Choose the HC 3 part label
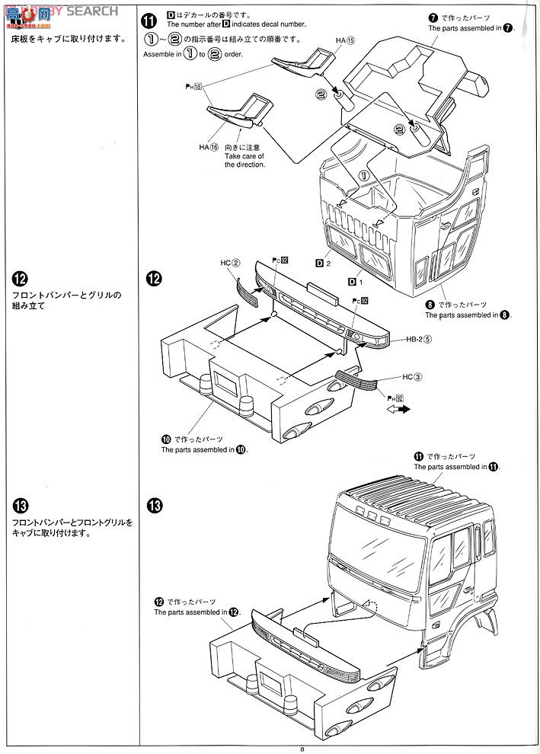[411, 376]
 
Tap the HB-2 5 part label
[419, 340]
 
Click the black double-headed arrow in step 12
[398, 409]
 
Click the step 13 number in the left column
[21, 506]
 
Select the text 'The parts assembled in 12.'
[197, 612]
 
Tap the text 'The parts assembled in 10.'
[204, 449]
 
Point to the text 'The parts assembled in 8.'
[466, 315]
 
